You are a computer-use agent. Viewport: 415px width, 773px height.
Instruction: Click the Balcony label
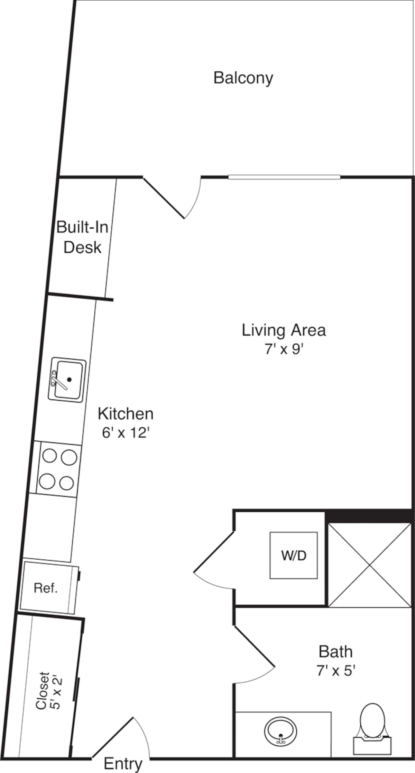243,78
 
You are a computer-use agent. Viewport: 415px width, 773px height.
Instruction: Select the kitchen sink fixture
67,380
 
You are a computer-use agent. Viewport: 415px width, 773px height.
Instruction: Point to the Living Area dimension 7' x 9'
284,350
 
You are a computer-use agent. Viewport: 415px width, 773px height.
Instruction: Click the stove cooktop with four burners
58,469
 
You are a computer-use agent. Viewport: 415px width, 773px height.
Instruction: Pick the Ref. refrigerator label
46,588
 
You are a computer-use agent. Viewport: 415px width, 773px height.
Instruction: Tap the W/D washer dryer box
294,556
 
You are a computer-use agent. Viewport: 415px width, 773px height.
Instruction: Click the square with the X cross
369,565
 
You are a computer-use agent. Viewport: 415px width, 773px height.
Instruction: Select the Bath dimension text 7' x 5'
336,671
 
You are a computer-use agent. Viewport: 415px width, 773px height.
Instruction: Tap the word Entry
123,764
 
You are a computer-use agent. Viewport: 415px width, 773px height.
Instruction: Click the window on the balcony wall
284,177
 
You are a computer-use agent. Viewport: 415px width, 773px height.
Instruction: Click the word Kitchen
125,414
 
